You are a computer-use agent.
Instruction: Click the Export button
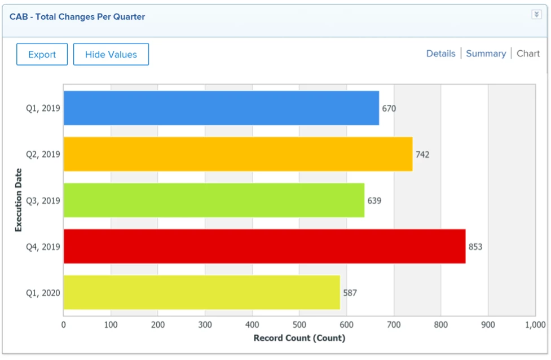click(x=42, y=54)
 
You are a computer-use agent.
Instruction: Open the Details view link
click(x=440, y=54)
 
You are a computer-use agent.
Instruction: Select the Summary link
click(x=486, y=54)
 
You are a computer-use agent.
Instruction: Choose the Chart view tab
click(x=528, y=54)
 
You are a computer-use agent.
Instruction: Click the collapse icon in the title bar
click(x=536, y=15)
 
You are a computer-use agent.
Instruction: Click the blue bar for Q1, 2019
click(x=221, y=108)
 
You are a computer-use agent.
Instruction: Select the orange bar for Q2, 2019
click(x=237, y=154)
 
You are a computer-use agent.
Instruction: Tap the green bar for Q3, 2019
click(x=214, y=200)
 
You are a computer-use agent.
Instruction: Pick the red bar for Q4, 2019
click(x=264, y=246)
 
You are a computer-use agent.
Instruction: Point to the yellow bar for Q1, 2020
click(x=201, y=292)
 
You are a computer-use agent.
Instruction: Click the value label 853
click(x=475, y=247)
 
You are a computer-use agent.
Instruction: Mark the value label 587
click(x=350, y=293)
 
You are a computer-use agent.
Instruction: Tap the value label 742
click(x=422, y=155)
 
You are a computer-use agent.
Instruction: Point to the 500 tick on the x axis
click(x=299, y=324)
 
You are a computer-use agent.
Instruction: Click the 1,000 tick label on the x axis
click(x=535, y=324)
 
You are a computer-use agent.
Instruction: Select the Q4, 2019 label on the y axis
click(x=43, y=247)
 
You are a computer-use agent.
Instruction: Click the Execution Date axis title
click(x=19, y=200)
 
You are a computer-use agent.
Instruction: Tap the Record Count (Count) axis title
click(x=299, y=338)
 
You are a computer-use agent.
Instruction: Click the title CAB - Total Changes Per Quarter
click(x=77, y=17)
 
